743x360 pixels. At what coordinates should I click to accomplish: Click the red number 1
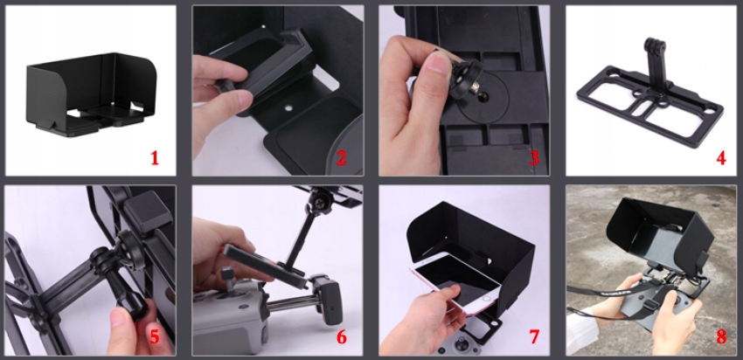(x=155, y=158)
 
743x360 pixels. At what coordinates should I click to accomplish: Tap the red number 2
(x=341, y=158)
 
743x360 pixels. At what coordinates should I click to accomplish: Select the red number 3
(x=534, y=158)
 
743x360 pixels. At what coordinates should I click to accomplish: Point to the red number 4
(x=721, y=158)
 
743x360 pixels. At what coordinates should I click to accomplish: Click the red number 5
(x=155, y=336)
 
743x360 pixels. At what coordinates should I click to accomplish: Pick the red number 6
(x=341, y=336)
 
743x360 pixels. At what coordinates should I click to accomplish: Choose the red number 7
(x=534, y=336)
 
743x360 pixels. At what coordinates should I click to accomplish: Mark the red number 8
(x=721, y=336)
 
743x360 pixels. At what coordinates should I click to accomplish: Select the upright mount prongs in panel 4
(x=655, y=47)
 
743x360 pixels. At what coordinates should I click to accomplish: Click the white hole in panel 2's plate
(x=288, y=108)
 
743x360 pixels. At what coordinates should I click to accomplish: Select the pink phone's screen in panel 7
(x=454, y=280)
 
